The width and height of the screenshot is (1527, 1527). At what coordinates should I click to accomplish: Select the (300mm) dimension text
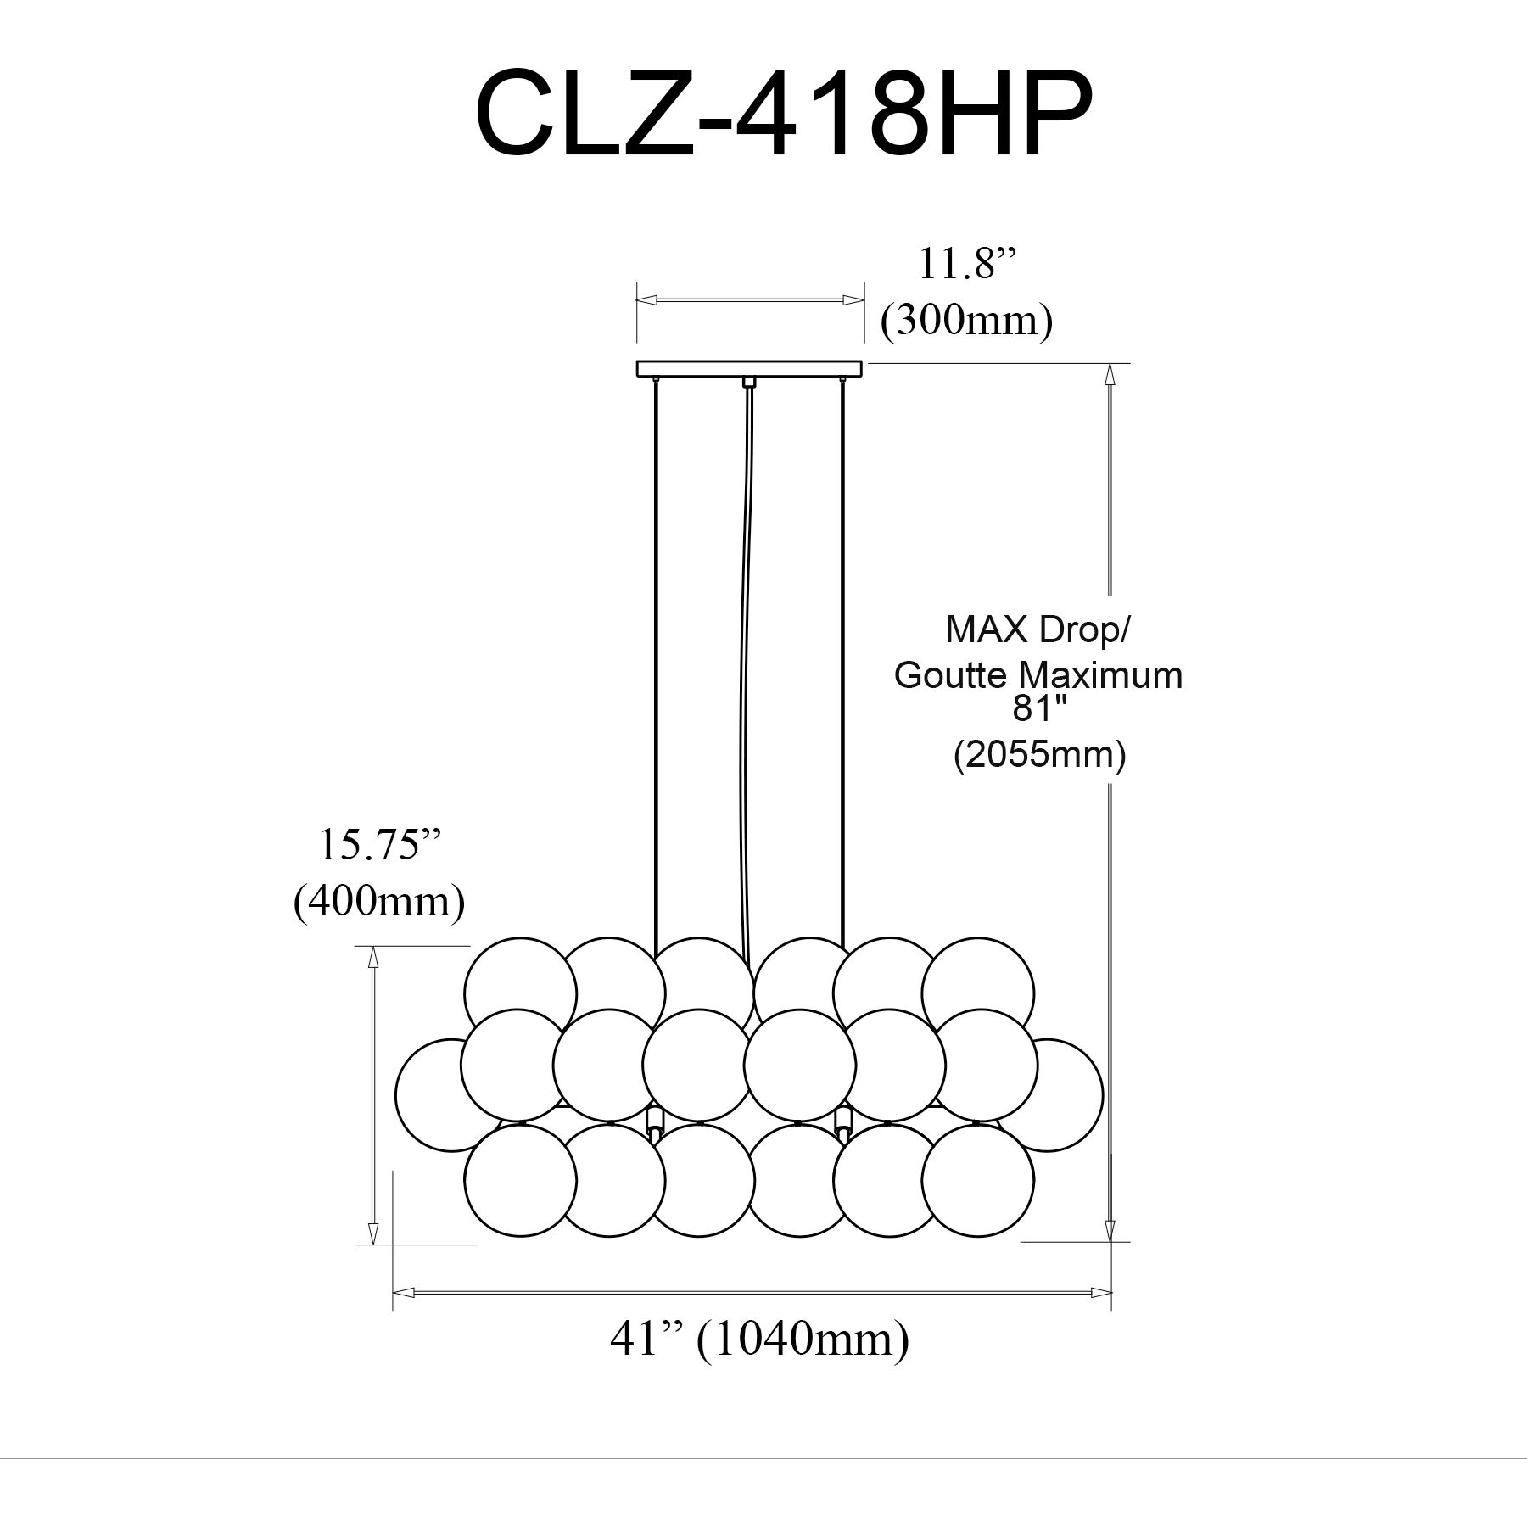click(x=967, y=322)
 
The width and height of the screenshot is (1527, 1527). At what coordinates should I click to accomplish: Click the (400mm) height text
click(x=379, y=902)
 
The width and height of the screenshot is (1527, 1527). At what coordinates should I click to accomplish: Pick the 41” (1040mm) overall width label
click(x=759, y=1340)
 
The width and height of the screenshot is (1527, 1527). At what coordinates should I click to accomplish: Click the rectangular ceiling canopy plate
click(x=749, y=368)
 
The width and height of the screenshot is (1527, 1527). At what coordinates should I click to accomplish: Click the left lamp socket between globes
click(x=654, y=1121)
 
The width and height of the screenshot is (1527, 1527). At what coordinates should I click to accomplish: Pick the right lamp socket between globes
click(x=843, y=1121)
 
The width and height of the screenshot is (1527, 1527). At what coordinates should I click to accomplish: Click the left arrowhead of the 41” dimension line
click(x=402, y=1293)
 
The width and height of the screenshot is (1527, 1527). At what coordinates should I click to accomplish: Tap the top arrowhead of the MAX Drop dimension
click(x=1110, y=375)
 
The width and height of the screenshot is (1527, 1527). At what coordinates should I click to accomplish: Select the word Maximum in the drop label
click(x=1100, y=675)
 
